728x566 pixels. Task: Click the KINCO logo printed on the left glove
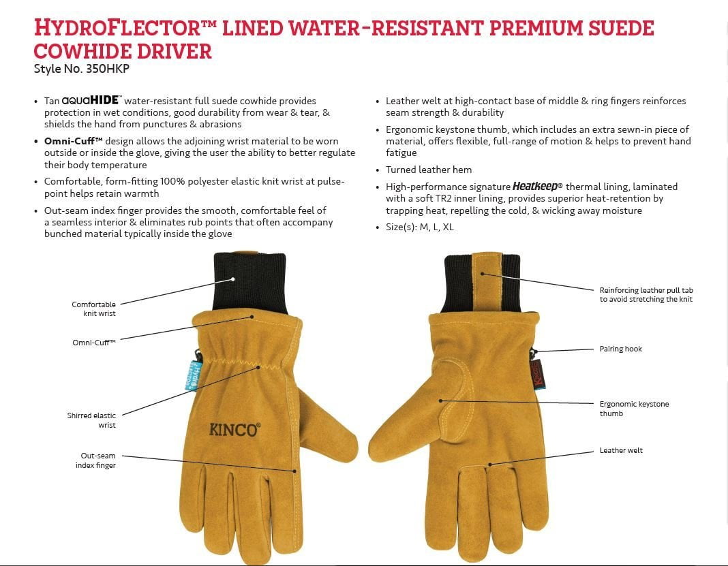[234, 430]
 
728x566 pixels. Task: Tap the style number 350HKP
[108, 69]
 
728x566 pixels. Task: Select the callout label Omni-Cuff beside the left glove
[94, 343]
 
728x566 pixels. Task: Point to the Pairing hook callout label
[621, 349]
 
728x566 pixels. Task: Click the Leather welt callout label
[621, 450]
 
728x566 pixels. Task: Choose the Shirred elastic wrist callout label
[91, 420]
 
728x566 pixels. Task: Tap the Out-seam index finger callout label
[95, 460]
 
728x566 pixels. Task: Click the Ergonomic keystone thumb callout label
[634, 409]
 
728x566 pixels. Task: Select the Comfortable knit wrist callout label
[93, 309]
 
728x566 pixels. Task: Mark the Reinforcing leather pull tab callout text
[646, 295]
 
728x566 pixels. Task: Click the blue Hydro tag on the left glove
[192, 375]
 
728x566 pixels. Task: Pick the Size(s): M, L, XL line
[420, 227]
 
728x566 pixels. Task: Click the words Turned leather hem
[429, 170]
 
